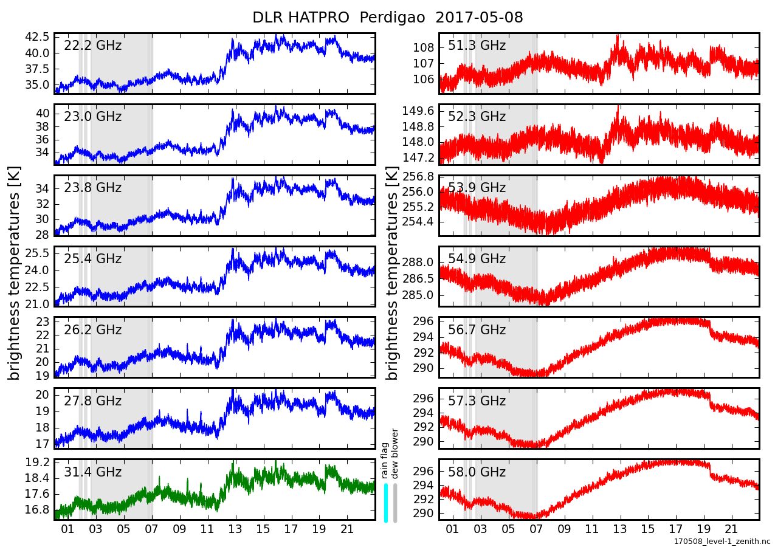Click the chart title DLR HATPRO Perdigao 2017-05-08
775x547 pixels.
[387, 18]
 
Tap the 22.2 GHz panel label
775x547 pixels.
[92, 46]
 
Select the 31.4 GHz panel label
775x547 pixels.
[92, 472]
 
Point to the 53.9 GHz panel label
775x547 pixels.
[477, 188]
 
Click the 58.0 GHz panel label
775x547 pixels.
[477, 472]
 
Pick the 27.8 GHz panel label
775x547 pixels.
[92, 401]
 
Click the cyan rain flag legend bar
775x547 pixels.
[386, 503]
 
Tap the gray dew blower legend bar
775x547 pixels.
[395, 503]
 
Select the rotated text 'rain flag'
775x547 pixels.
[385, 462]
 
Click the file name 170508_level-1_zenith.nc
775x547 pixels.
[722, 540]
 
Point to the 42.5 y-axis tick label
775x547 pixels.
[37, 36]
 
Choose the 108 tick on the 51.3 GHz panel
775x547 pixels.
[424, 48]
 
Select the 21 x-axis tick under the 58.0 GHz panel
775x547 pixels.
[732, 529]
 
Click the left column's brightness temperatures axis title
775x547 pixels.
[15, 273]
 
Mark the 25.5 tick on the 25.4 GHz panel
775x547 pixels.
[37, 253]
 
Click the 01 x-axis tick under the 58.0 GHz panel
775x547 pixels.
[452, 529]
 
